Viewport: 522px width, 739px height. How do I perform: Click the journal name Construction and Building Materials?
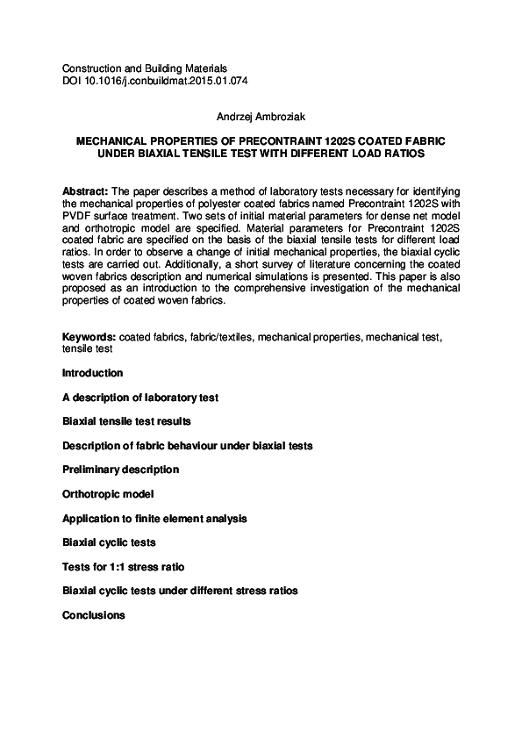(x=145, y=68)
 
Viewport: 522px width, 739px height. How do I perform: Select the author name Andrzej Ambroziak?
(x=261, y=116)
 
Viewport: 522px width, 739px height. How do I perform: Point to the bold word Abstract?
(x=86, y=190)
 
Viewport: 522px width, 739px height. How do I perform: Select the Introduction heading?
(x=93, y=373)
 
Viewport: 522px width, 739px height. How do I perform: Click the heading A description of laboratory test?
(x=140, y=398)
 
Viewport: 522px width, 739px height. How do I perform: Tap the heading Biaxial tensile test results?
(x=126, y=421)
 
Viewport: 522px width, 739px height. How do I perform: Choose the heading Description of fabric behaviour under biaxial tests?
(x=187, y=446)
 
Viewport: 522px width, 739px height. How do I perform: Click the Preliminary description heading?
(x=120, y=470)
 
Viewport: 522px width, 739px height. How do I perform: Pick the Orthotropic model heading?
(x=108, y=494)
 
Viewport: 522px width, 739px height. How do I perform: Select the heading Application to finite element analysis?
(x=154, y=519)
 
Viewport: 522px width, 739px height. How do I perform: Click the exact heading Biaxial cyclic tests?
(x=109, y=542)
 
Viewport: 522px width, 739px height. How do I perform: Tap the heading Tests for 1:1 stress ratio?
(x=124, y=567)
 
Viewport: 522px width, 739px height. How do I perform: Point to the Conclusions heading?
(x=94, y=615)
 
